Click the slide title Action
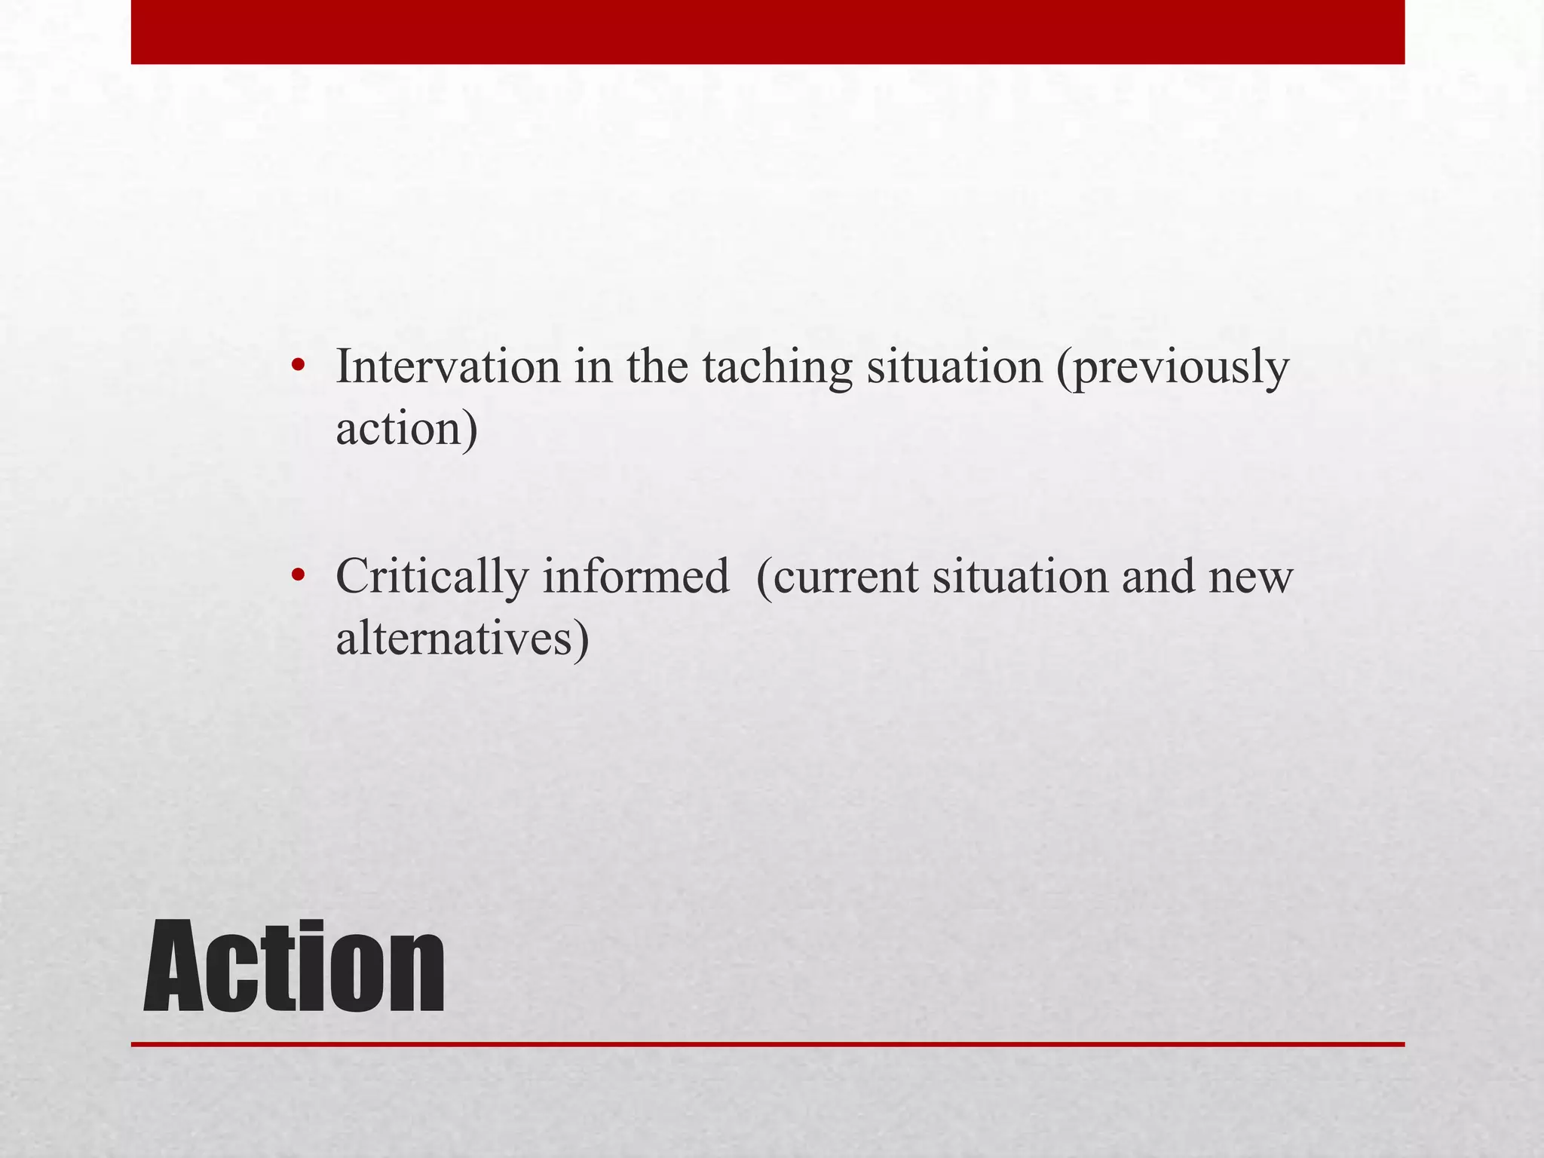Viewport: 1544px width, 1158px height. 294,967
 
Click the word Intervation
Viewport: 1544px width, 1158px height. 448,367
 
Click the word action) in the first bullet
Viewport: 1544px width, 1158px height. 406,429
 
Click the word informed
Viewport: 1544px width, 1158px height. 636,577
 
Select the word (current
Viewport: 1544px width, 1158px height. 837,579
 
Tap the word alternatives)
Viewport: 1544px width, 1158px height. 462,639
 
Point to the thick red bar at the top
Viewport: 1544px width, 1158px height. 767,32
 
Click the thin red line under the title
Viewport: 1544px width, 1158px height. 767,1044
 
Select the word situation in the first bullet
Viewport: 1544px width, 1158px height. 954,367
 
